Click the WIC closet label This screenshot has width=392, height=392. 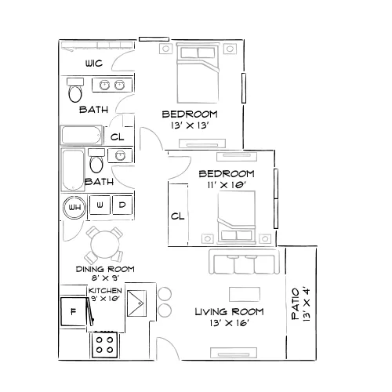(94, 64)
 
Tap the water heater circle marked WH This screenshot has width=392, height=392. (74, 208)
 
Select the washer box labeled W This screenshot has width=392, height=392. (100, 205)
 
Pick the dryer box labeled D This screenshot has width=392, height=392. (122, 205)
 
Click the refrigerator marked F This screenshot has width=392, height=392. (74, 311)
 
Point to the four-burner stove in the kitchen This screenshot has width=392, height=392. (104, 345)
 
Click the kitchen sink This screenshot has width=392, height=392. (136, 303)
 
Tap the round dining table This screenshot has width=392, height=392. (105, 245)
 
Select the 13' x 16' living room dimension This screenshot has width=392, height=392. (229, 323)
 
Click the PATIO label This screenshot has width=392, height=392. (296, 304)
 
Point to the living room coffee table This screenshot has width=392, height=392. (245, 295)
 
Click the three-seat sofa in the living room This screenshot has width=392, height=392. (244, 261)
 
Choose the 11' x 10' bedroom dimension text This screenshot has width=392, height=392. (227, 185)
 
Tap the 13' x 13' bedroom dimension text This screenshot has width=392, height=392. (190, 125)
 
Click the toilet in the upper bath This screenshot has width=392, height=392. (75, 90)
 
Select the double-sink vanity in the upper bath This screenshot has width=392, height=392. (112, 85)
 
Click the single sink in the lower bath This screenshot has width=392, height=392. (120, 155)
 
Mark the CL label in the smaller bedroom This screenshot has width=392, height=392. (178, 216)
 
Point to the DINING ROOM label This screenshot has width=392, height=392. (105, 269)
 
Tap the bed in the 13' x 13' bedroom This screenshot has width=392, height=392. (198, 74)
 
